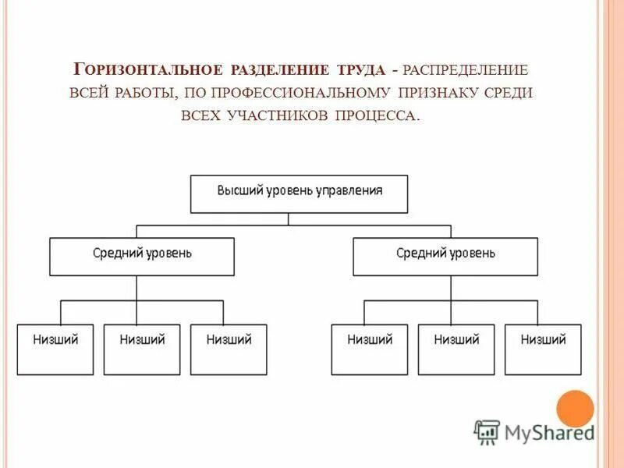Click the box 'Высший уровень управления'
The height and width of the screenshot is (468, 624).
click(x=299, y=194)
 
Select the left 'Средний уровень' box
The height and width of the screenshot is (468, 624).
click(x=142, y=257)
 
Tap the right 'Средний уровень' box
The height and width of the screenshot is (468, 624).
click(x=445, y=257)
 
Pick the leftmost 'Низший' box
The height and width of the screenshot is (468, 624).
click(x=55, y=349)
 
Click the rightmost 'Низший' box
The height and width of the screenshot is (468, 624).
click(x=543, y=349)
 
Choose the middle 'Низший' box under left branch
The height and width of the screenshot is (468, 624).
click(x=142, y=349)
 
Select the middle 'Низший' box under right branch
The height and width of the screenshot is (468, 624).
click(x=456, y=349)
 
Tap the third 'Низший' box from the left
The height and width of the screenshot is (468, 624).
click(x=229, y=349)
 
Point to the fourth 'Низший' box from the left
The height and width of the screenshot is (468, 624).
click(x=370, y=349)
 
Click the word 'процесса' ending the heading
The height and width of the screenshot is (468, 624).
click(x=378, y=115)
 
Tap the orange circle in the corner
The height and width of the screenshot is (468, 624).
click(x=575, y=409)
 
